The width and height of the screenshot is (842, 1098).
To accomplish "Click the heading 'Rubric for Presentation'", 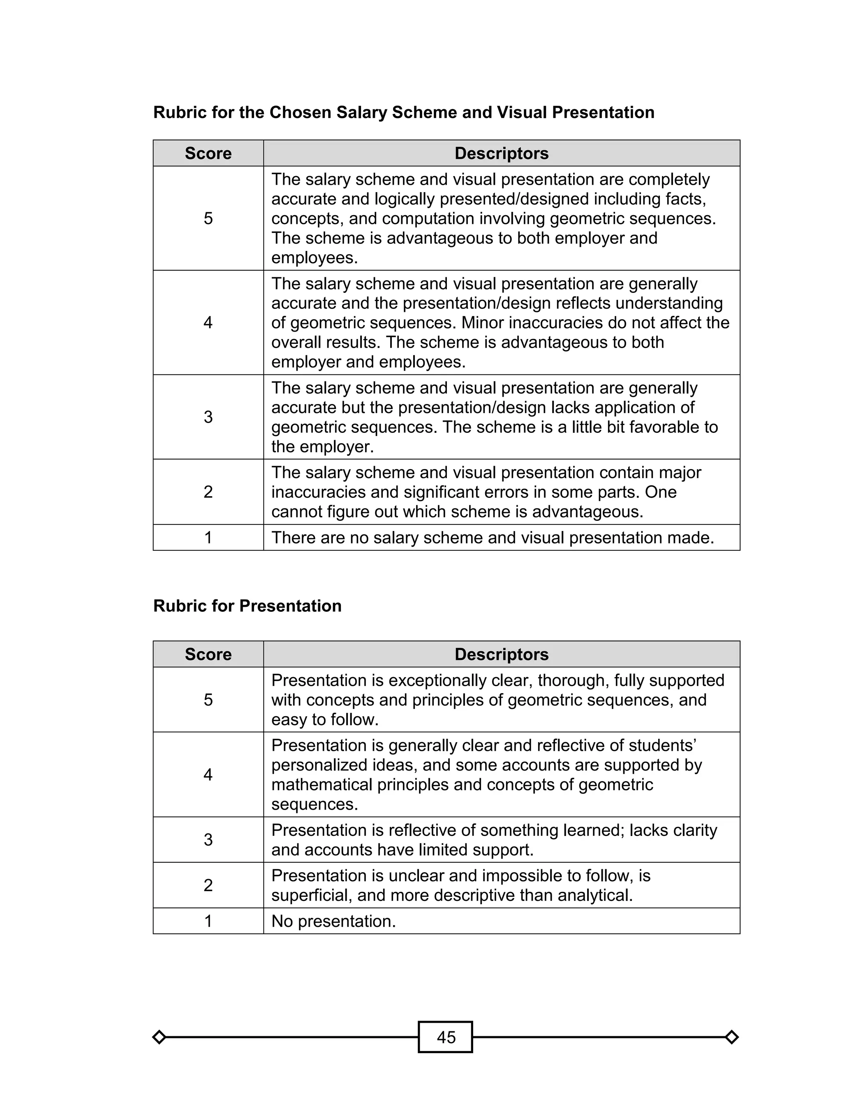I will tap(247, 606).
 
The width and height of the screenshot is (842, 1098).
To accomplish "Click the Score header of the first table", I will tap(208, 153).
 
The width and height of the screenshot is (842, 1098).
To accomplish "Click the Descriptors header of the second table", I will tap(501, 654).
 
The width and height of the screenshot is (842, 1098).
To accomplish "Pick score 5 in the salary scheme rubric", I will tap(208, 218).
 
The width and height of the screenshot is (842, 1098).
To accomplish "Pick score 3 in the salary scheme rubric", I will tap(208, 417).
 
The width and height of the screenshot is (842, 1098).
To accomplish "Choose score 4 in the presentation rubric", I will tap(208, 775).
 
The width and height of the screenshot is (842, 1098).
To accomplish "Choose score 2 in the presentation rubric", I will tap(208, 885).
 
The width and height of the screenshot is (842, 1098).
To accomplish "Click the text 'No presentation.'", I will tap(333, 921).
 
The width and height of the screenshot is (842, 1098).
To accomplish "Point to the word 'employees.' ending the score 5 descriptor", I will tap(314, 258).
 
